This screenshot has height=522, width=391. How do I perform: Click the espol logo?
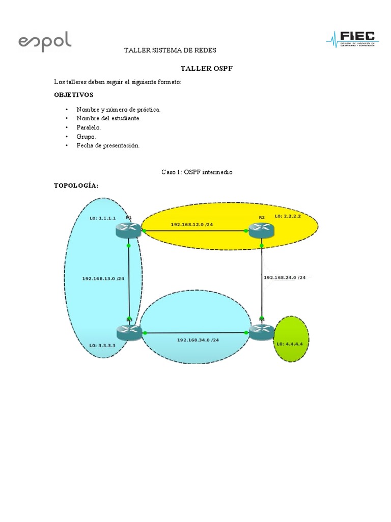click(x=45, y=41)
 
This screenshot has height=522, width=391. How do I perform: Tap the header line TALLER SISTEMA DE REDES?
click(x=171, y=50)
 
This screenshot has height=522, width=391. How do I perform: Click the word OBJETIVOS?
click(x=74, y=95)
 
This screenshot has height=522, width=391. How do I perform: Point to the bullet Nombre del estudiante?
click(x=108, y=118)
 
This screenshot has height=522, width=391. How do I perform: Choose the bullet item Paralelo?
click(x=89, y=127)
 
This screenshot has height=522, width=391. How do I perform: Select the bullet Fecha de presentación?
click(x=108, y=146)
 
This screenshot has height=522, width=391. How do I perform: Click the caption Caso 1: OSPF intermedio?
click(x=197, y=173)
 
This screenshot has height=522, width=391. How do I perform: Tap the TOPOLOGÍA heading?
click(x=75, y=186)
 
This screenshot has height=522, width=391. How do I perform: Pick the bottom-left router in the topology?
click(x=129, y=332)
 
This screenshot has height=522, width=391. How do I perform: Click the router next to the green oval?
click(x=262, y=332)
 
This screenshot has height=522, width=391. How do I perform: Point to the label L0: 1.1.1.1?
click(x=102, y=218)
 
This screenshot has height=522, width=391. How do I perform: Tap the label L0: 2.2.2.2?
click(x=288, y=217)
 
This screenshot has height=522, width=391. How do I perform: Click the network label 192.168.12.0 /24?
click(x=192, y=224)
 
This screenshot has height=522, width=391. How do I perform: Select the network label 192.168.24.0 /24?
click(x=285, y=278)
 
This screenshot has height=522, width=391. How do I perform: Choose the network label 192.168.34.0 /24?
click(x=198, y=340)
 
